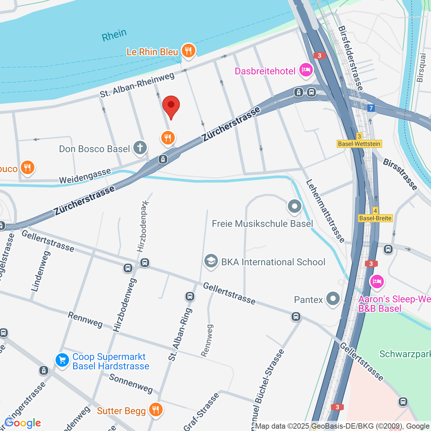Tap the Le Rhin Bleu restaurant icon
[188, 51]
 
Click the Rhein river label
[114, 35]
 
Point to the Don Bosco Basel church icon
[140, 147]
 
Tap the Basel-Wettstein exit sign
[359, 144]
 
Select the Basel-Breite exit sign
[375, 218]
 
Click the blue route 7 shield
[371, 108]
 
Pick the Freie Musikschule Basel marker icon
[295, 206]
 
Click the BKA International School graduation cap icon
[211, 261]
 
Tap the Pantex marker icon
[333, 299]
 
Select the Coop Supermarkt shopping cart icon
[62, 360]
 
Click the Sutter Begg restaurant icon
[155, 410]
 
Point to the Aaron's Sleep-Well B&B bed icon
[377, 281]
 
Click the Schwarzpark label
[405, 354]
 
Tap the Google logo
[23, 423]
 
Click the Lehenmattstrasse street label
[325, 211]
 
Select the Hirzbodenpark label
[143, 226]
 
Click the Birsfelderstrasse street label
[351, 58]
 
